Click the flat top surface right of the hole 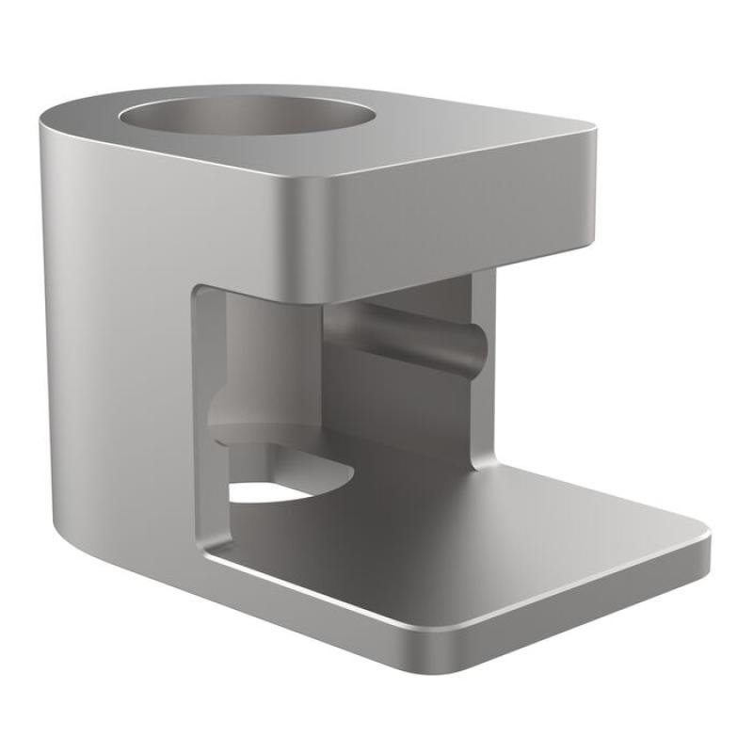471,141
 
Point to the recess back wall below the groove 405,405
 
